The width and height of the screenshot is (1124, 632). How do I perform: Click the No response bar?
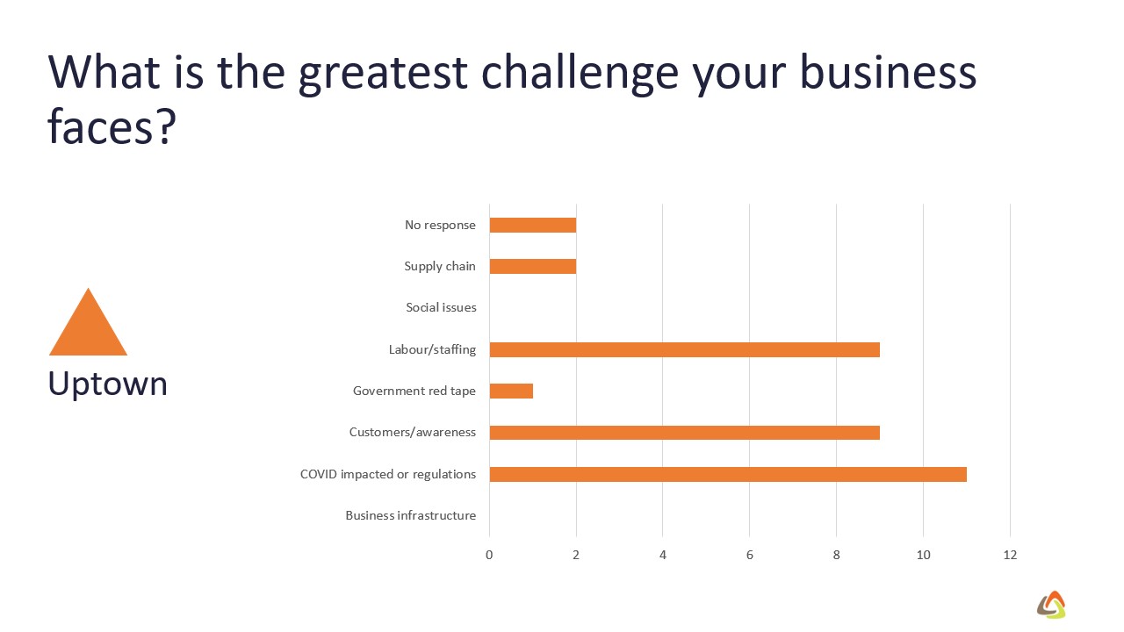click(532, 226)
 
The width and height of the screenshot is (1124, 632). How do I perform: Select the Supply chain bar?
click(532, 266)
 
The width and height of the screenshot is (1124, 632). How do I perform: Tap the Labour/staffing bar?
click(684, 349)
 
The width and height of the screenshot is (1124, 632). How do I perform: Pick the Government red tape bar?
click(511, 391)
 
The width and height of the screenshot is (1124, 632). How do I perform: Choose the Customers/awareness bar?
click(684, 433)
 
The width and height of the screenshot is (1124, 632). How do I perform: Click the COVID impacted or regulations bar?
click(728, 474)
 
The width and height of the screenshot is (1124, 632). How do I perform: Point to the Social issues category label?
click(441, 307)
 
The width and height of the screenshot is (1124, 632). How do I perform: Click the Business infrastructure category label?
click(410, 515)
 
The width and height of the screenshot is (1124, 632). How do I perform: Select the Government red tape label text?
click(414, 391)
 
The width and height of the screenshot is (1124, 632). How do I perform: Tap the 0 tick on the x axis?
click(489, 555)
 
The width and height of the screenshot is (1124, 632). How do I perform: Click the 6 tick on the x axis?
click(750, 555)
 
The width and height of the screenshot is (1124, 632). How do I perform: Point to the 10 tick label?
click(923, 555)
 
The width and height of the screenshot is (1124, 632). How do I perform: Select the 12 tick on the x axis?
click(1010, 555)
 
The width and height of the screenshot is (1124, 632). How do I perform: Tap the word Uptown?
click(107, 385)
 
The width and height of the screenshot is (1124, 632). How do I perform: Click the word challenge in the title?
click(580, 73)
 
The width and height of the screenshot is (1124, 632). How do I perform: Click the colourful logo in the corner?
click(1051, 605)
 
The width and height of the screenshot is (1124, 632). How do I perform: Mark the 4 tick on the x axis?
click(663, 555)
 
